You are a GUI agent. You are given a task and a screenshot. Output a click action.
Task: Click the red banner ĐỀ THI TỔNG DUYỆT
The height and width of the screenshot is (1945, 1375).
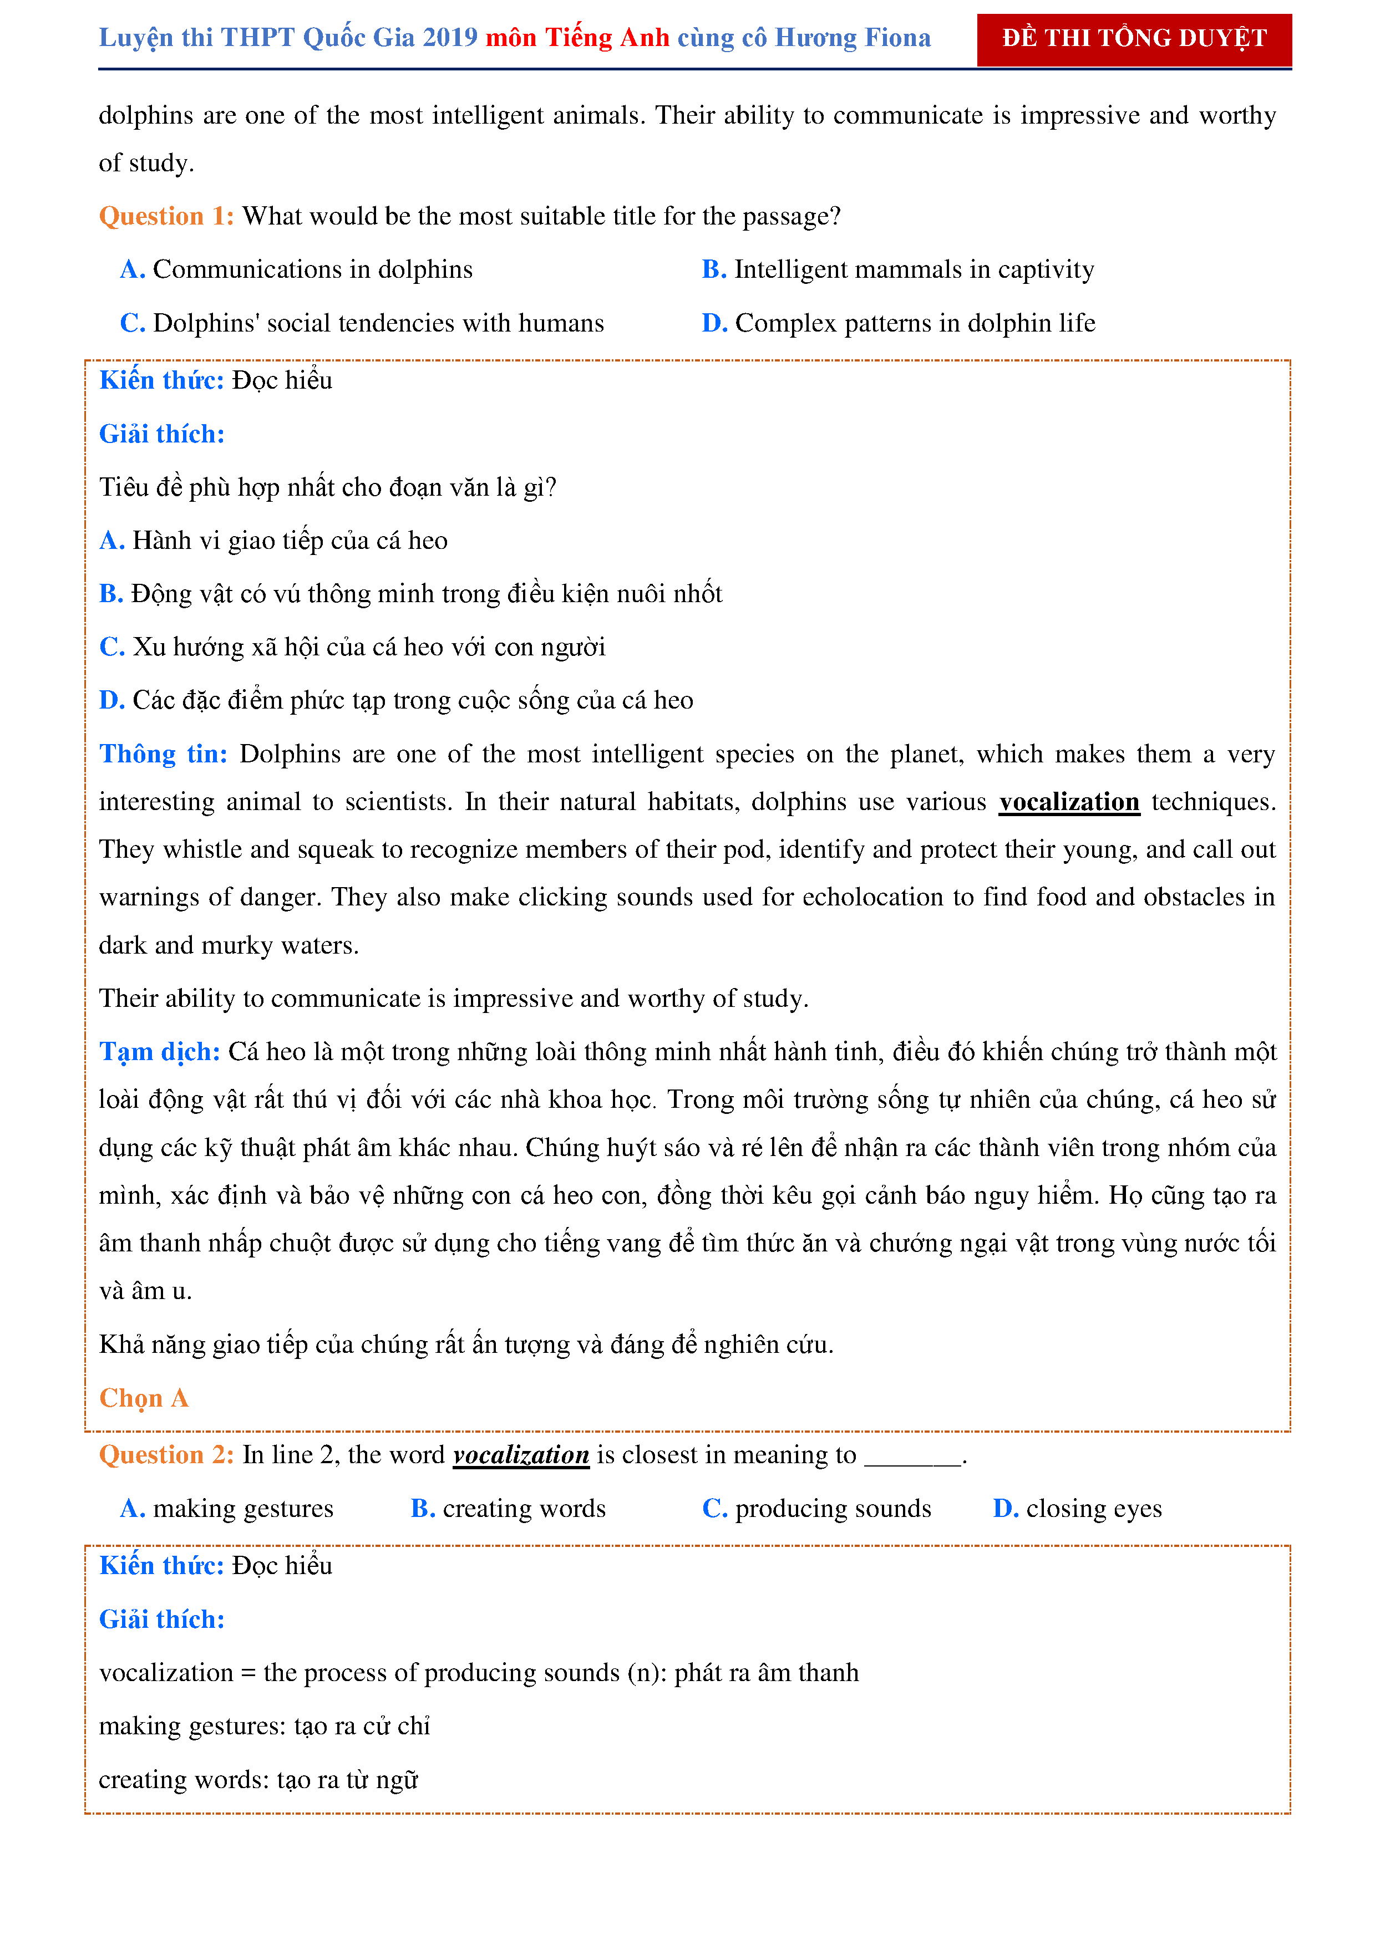[x=1134, y=39]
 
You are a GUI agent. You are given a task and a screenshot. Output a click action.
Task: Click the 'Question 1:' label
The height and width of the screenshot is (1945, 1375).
[x=166, y=216]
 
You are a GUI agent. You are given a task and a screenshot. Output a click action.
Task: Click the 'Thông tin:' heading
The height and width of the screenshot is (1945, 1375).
[x=163, y=754]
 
